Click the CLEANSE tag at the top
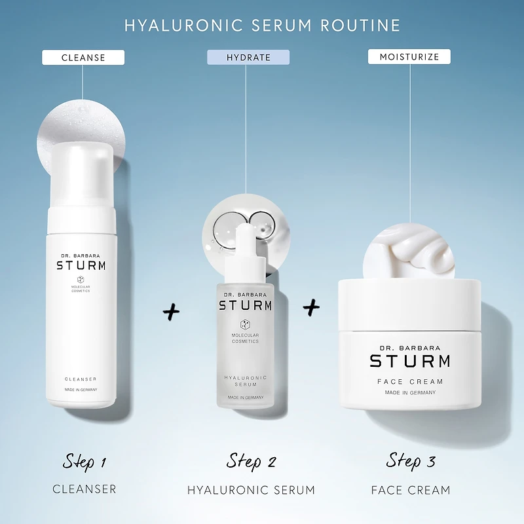(x=83, y=58)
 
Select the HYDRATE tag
(x=248, y=58)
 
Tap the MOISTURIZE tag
(x=409, y=58)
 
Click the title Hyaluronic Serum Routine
(x=262, y=26)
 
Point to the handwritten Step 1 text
(x=84, y=462)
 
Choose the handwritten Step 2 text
(x=251, y=462)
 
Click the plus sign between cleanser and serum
(x=171, y=312)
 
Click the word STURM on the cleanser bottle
(x=81, y=266)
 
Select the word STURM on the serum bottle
(x=245, y=305)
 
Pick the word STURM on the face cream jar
(x=410, y=361)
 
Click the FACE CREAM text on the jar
(x=410, y=381)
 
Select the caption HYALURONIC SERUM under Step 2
(x=251, y=490)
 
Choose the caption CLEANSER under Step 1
(x=84, y=489)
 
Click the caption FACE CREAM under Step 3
(x=411, y=490)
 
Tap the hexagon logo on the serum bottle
(x=245, y=324)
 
